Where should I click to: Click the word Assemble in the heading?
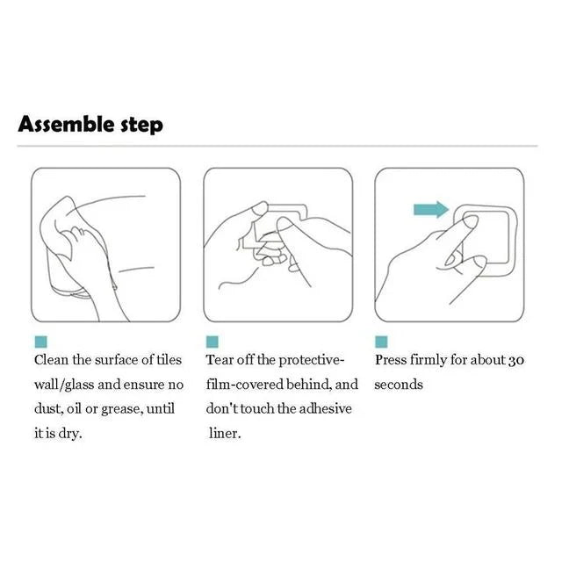coord(66,124)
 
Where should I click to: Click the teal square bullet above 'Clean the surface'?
coord(40,341)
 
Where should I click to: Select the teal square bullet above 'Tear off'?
coord(212,341)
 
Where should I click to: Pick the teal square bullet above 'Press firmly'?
coord(381,341)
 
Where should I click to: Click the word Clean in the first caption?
coord(51,360)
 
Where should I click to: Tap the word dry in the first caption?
coord(70,434)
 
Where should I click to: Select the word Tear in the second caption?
coord(220,360)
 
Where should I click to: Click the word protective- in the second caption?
coord(312,360)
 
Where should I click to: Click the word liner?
coord(225,434)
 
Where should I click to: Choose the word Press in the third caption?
coord(391,360)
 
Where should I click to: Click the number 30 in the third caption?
coord(516,360)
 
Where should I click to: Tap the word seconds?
coord(399,385)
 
